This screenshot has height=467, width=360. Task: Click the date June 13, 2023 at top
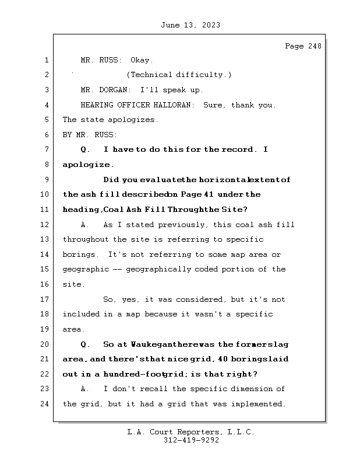pyautogui.click(x=190, y=25)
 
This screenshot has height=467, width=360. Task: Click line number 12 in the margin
pyautogui.click(x=45, y=224)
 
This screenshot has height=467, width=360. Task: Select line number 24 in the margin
pyautogui.click(x=45, y=404)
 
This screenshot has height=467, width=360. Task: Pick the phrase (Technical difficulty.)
pyautogui.click(x=179, y=75)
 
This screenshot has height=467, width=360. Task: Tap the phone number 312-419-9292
pyautogui.click(x=191, y=441)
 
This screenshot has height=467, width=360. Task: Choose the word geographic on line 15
pyautogui.click(x=85, y=269)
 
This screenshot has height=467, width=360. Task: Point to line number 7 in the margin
pyautogui.click(x=45, y=149)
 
